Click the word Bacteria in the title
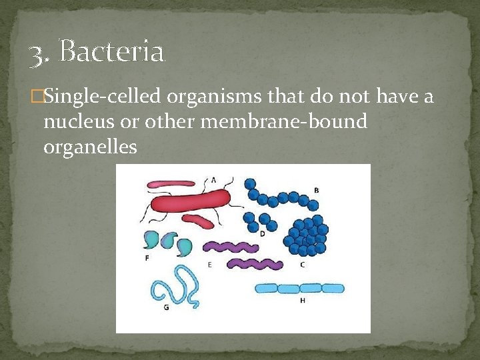111,51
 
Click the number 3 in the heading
37,53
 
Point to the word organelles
90,147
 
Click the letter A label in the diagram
213,179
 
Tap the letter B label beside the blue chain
316,191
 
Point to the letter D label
262,233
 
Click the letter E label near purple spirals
209,265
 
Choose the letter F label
147,258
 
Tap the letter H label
302,301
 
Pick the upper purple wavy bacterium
233,247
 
